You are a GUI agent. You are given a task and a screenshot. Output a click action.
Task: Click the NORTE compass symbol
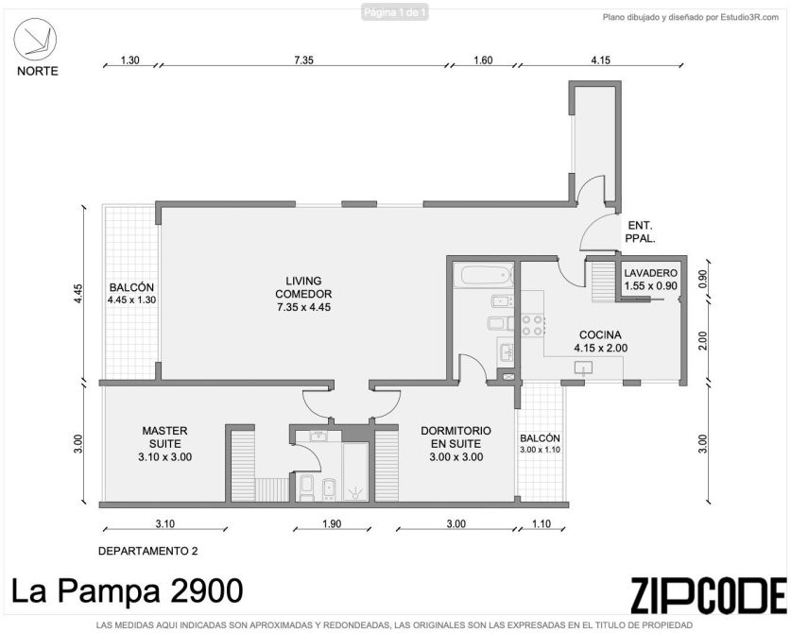click(35, 40)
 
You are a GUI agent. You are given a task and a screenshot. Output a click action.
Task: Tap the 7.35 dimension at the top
click(303, 60)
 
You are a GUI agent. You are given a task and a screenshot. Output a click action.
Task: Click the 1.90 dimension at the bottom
click(332, 523)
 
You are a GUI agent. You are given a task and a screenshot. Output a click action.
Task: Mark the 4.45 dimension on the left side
click(77, 294)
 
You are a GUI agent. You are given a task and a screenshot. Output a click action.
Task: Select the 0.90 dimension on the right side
click(703, 278)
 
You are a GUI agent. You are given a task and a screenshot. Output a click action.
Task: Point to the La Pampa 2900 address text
click(128, 591)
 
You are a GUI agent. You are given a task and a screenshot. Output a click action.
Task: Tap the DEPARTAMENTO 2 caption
click(147, 551)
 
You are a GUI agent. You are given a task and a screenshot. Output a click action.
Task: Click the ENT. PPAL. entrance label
click(640, 232)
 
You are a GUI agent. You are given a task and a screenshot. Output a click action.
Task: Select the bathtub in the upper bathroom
click(483, 275)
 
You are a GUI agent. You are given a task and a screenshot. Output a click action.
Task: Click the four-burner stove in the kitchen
click(532, 325)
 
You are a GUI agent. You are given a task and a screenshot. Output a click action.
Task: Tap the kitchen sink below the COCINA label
click(584, 368)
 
